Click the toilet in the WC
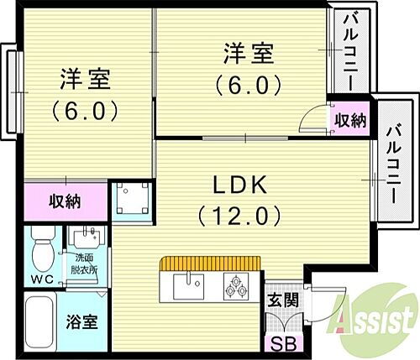[39, 249]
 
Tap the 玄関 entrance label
[279, 300]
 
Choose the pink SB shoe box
[276, 344]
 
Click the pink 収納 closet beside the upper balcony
[349, 120]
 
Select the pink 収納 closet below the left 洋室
[65, 201]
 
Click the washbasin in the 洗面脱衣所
[85, 237]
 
